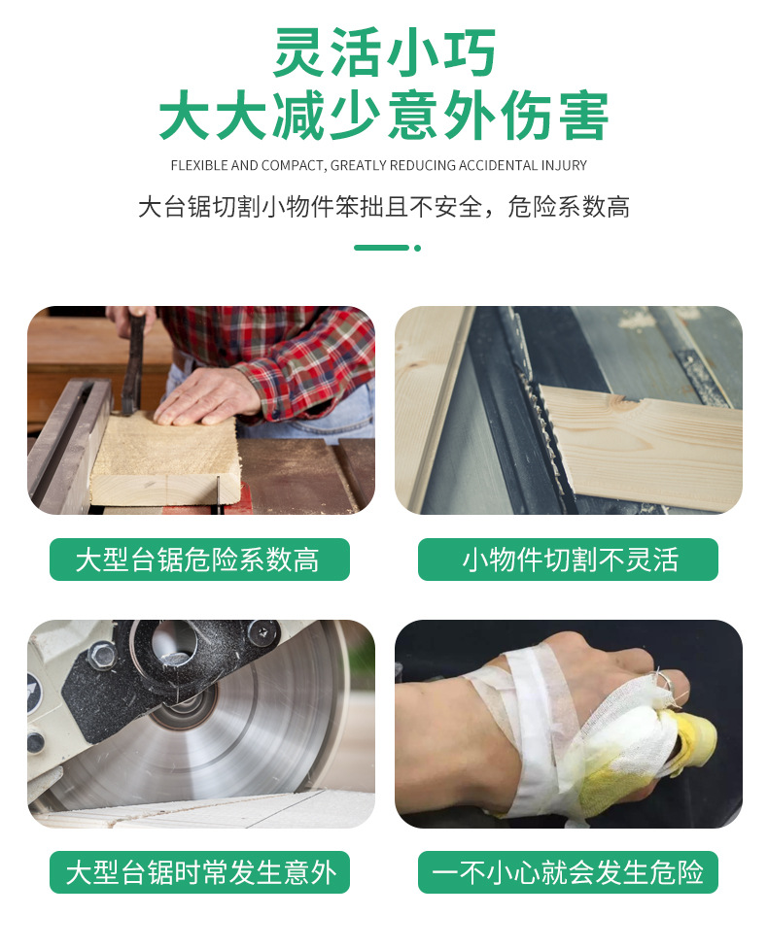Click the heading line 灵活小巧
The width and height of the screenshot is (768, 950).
384,54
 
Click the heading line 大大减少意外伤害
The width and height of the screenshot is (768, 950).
384,117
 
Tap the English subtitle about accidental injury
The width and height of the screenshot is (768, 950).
378,166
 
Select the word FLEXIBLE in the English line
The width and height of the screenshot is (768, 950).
199,166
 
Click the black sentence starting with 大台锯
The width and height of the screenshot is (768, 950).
384,207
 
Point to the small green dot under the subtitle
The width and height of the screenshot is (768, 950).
418,248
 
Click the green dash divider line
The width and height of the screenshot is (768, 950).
381,248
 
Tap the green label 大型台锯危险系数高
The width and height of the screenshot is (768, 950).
198,560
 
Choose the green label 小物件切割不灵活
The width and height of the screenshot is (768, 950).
568,560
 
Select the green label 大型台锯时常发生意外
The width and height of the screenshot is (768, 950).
198,871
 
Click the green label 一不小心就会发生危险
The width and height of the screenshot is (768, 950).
568,871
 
